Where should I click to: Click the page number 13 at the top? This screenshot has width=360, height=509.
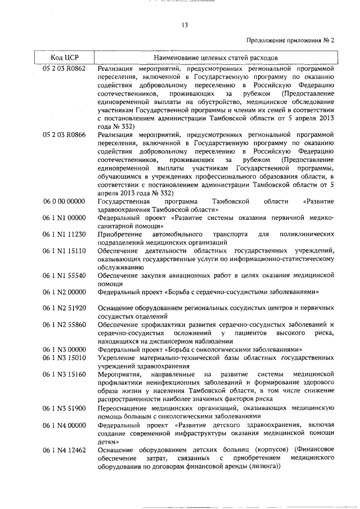pos(184,25)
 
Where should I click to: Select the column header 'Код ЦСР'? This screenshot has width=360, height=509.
pos(63,58)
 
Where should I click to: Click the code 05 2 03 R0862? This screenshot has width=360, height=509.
pos(64,68)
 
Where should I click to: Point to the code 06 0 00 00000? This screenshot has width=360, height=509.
pos(64,201)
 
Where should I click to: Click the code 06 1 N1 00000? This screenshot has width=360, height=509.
pos(64,218)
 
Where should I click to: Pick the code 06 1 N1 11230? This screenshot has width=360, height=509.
pos(64,234)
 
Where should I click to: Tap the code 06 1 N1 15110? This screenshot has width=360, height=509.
pos(64,250)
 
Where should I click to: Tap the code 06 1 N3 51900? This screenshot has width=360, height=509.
pos(64,407)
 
